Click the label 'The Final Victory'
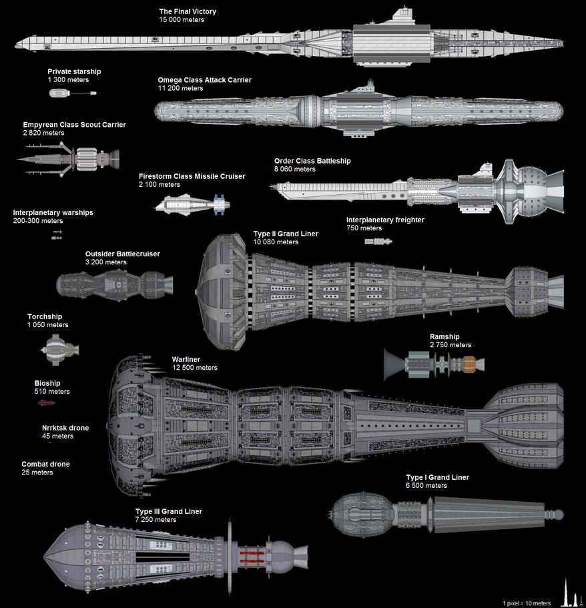coord(188,12)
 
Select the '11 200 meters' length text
coord(181,88)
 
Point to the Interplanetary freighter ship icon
coord(378,241)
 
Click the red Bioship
coord(45,403)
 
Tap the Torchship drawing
coord(60,349)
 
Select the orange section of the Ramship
coord(469,364)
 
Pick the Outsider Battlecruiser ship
coord(113,284)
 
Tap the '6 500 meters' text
coord(426,486)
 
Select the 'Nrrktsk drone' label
coord(65,428)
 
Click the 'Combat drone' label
coord(45,465)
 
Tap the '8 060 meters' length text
coord(294,170)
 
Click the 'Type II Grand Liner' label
coord(286,234)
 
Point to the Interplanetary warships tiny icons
coord(57,234)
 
